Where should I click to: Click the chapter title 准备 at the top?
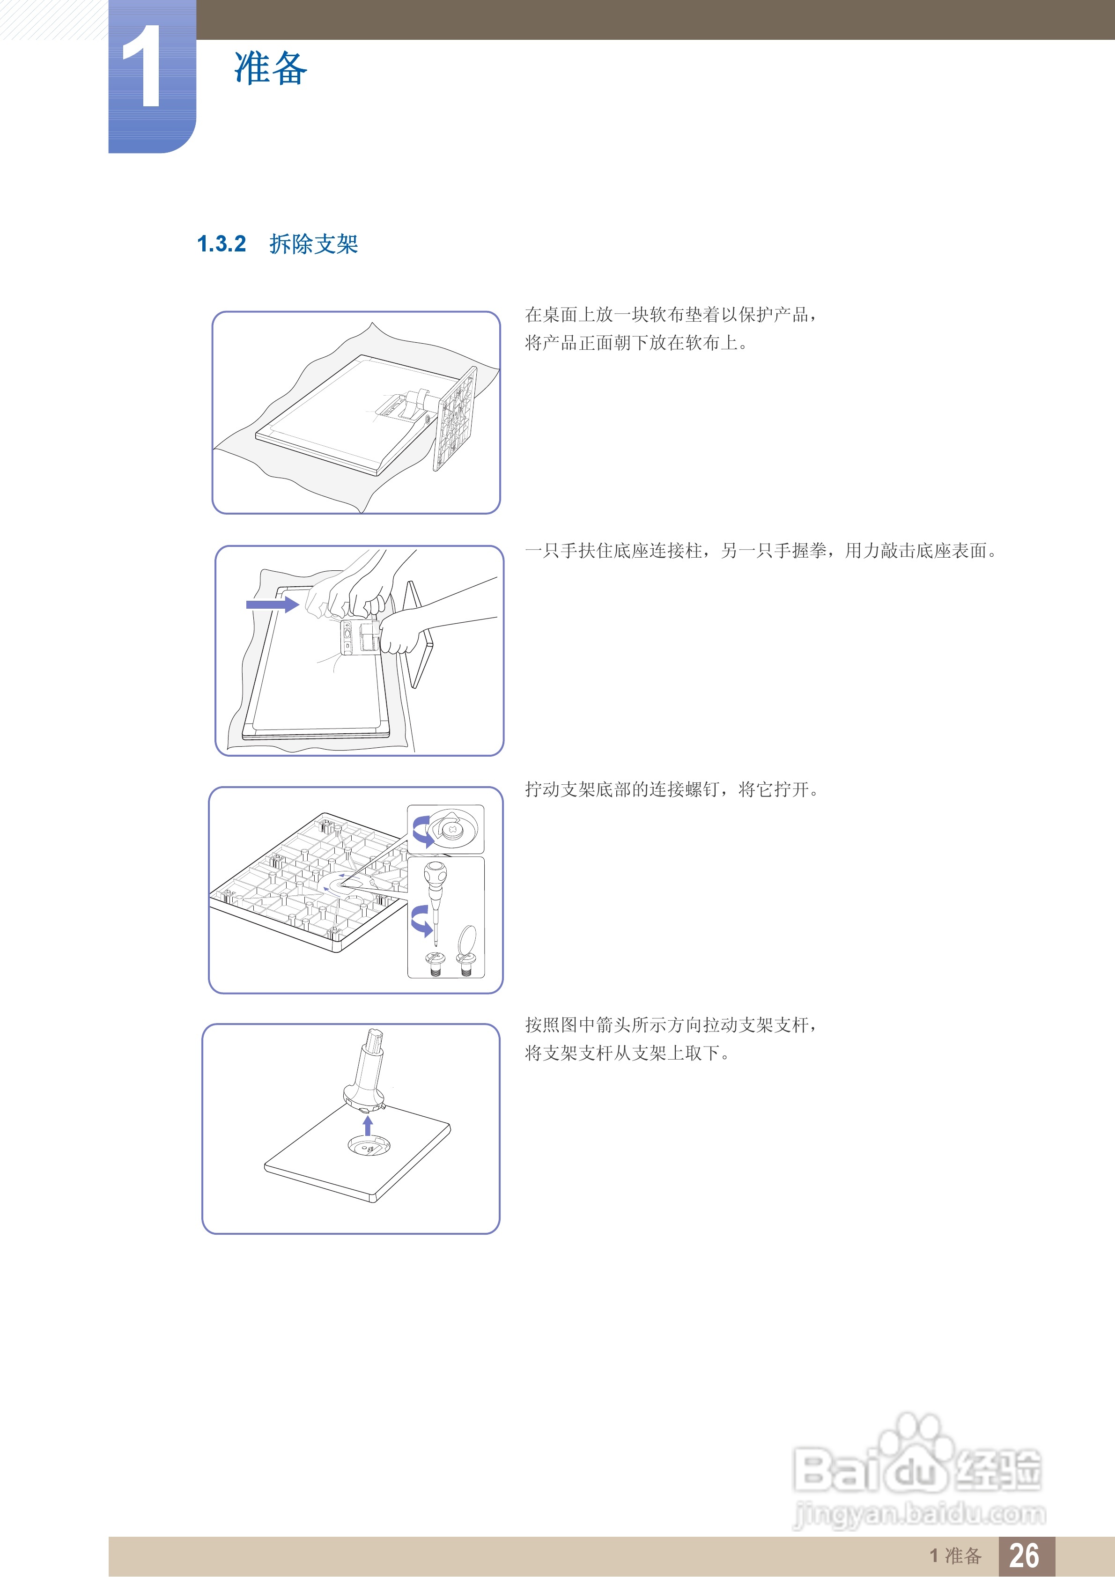click(271, 68)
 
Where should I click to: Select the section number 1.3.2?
click(221, 244)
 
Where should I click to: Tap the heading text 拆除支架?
click(314, 244)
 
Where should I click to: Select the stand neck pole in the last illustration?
click(368, 1068)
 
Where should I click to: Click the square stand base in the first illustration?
click(454, 419)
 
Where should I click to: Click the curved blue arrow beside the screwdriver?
click(421, 921)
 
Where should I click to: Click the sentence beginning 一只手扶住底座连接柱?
click(761, 550)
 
